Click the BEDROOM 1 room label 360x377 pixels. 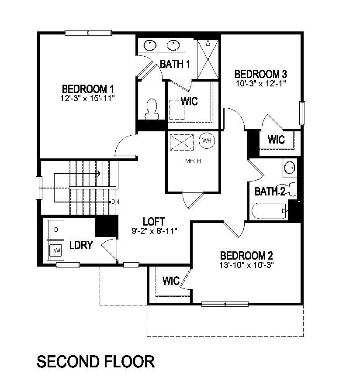pos(88,89)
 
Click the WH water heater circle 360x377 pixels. pos(207,141)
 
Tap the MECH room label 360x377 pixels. pos(193,161)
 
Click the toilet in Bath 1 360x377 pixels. pos(152,109)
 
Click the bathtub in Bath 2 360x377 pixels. pos(269,211)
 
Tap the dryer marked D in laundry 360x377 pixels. pos(56,229)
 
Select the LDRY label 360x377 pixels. pos(81,245)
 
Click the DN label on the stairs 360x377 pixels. pos(115,202)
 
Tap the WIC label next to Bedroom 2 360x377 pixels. pos(171,281)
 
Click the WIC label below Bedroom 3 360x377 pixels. pos(276,140)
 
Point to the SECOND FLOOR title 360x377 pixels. pos(95,361)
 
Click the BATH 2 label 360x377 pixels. pos(270,191)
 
